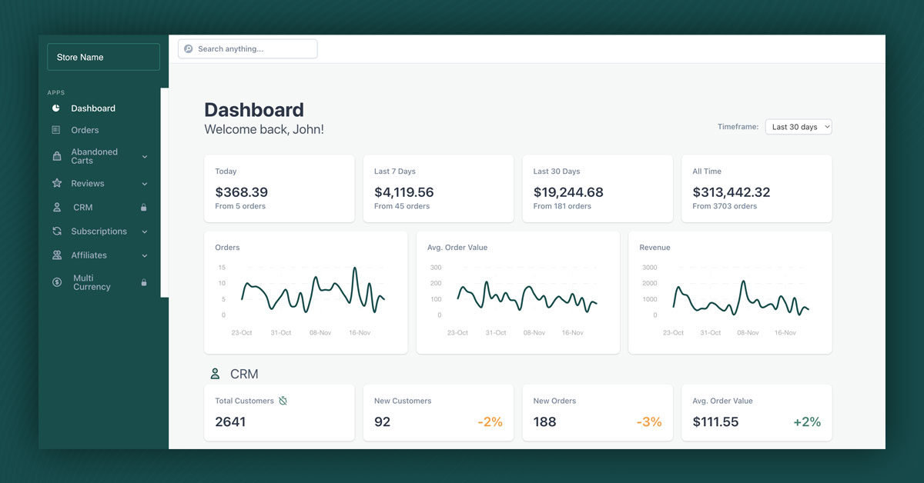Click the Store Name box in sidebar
click(103, 57)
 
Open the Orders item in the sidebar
click(85, 130)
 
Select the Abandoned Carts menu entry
click(94, 156)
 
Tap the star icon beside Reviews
click(56, 183)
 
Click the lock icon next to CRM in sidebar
click(143, 208)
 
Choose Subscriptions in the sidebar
click(99, 232)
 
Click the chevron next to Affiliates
click(145, 255)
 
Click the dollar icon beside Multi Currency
click(57, 282)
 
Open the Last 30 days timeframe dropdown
click(798, 127)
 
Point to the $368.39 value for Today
click(241, 192)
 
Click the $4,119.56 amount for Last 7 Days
click(403, 192)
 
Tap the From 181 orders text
click(562, 206)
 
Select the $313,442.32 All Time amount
click(731, 192)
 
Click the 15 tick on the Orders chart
click(222, 268)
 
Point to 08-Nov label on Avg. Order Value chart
click(534, 333)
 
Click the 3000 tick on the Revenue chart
click(650, 268)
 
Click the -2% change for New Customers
click(490, 421)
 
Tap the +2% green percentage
click(807, 421)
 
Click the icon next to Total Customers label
click(283, 401)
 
